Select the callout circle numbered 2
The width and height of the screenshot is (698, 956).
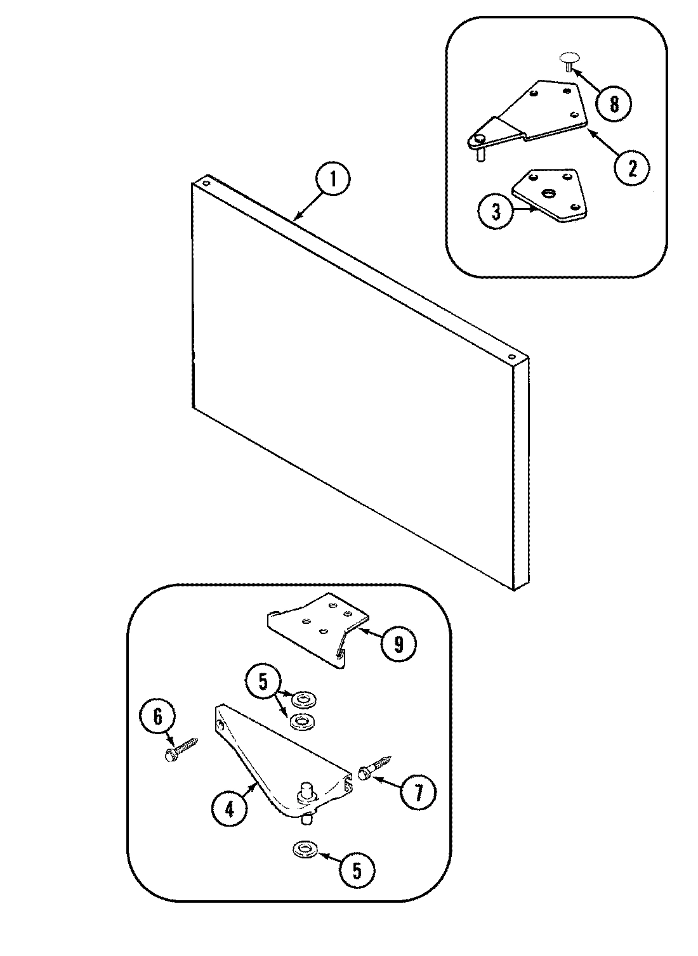(630, 167)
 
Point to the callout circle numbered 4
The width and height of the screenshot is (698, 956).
(229, 809)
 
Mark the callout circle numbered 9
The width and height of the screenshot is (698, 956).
(398, 643)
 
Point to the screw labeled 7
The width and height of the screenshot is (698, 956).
(374, 767)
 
